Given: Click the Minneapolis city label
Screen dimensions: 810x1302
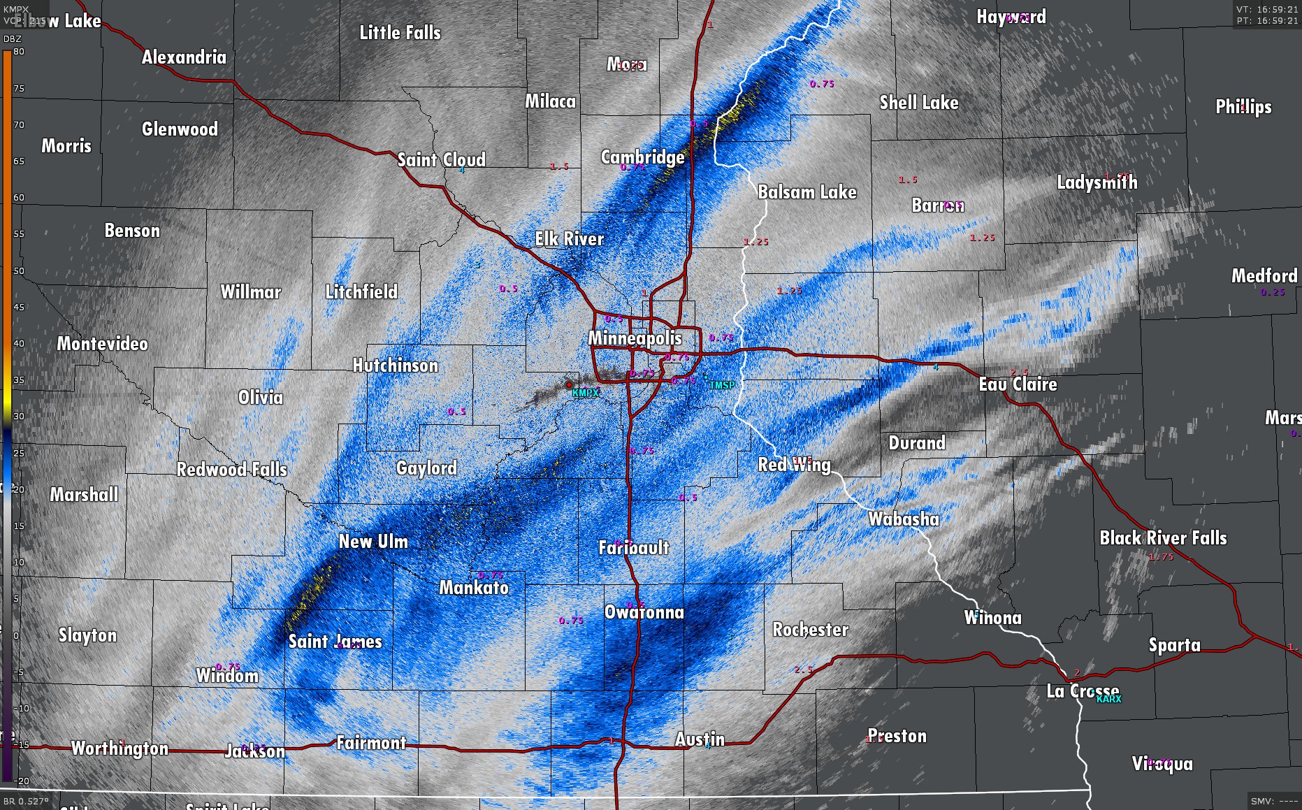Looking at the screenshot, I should [x=635, y=338].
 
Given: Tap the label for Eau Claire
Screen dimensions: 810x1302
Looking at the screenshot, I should [x=1018, y=384].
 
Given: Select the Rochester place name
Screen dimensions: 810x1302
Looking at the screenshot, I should [x=810, y=630].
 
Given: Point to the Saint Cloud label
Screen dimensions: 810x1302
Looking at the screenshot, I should [x=441, y=160].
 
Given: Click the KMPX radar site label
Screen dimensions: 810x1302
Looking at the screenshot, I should [x=585, y=393].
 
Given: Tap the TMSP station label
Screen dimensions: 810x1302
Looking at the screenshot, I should [x=722, y=385].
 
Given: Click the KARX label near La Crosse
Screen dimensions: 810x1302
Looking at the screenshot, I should [x=1108, y=699].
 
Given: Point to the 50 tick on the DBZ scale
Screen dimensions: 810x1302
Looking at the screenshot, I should [x=19, y=270].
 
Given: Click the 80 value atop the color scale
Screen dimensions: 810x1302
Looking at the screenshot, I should [x=19, y=52].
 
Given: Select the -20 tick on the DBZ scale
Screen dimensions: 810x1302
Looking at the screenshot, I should [x=23, y=781].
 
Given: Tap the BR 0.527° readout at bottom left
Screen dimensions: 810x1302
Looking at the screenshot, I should [x=27, y=801].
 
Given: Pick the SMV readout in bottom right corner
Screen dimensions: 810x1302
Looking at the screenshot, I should [x=1274, y=801].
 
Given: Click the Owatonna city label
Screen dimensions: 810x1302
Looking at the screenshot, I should [x=644, y=613].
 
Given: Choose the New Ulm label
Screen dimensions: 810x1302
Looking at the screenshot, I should [x=372, y=542].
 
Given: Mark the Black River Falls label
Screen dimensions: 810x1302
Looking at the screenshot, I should [x=1163, y=538].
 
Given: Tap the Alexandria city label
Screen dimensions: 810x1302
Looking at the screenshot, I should [x=184, y=57].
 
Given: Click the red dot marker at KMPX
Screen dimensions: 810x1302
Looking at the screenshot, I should [x=569, y=384].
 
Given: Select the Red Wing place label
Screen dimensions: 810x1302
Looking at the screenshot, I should [x=794, y=465].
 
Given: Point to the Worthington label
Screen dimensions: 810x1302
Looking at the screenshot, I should [x=120, y=749].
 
